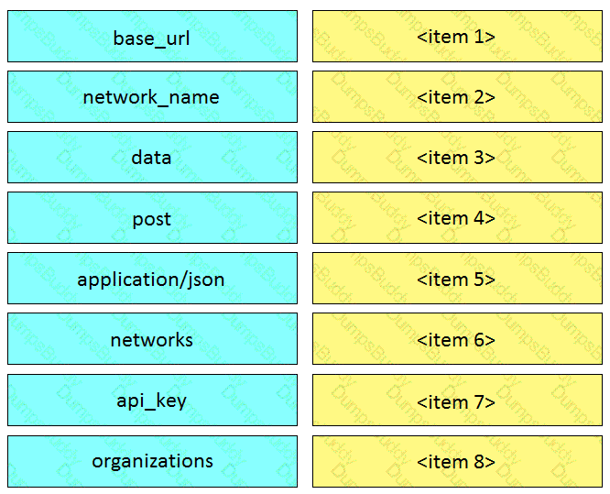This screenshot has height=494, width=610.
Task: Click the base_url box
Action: coord(152,37)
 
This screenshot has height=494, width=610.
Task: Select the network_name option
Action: coord(152,96)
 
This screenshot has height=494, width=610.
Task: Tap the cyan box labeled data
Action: coord(152,157)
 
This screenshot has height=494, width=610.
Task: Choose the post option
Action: coord(152,217)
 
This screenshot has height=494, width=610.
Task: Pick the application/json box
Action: coord(152,278)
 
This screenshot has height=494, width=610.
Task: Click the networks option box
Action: coord(152,339)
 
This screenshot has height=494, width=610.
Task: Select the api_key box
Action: coord(152,400)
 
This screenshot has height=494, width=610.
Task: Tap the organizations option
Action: coord(152,461)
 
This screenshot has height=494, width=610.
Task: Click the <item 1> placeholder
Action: coord(457,37)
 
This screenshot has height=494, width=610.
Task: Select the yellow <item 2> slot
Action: coord(457,96)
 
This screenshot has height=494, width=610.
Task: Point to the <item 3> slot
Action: coord(457,157)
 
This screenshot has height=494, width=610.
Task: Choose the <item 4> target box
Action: coord(457,217)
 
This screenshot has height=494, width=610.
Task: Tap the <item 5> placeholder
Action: coord(457,278)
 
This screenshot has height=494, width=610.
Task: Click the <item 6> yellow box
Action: coord(457,339)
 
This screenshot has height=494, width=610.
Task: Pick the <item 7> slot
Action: coord(457,400)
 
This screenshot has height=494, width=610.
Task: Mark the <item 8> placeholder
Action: coord(457,461)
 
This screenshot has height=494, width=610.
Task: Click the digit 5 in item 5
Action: coord(479,280)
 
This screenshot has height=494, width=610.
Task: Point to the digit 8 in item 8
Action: coord(479,462)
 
